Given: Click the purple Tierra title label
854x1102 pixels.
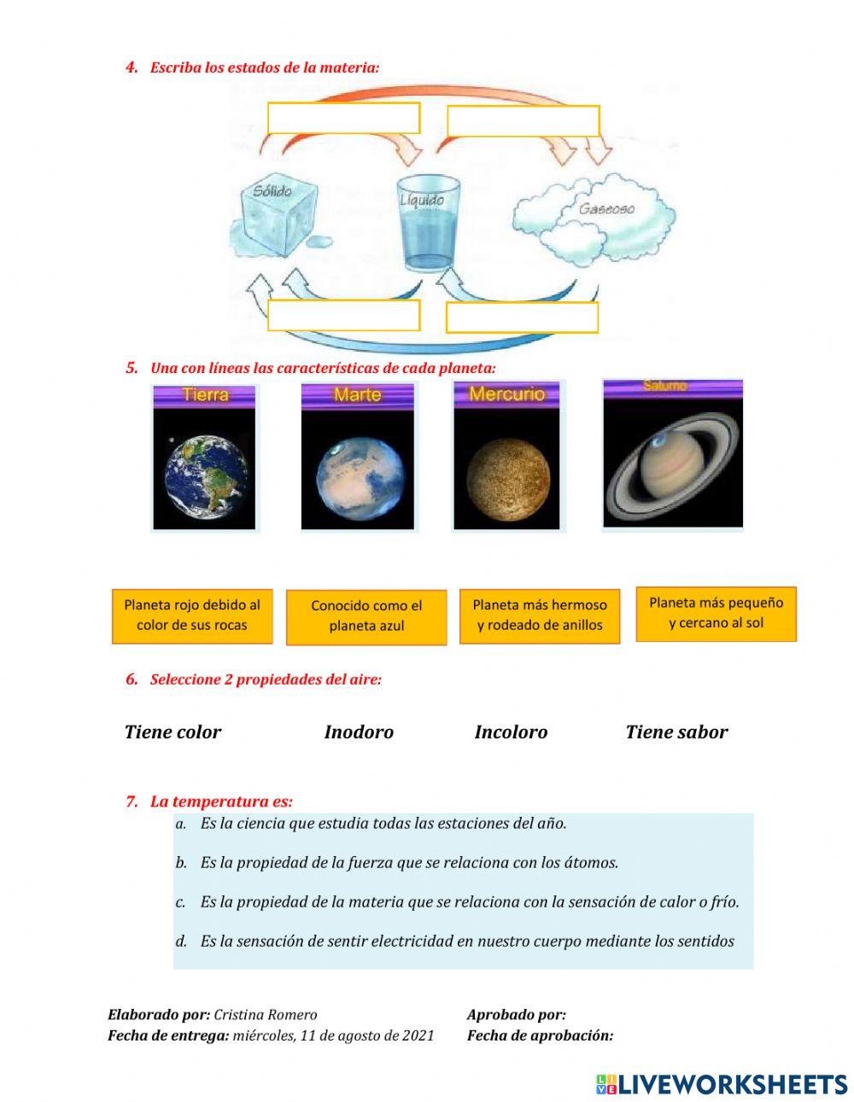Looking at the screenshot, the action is pyautogui.click(x=205, y=395).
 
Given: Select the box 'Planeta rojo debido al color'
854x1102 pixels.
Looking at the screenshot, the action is pyautogui.click(x=192, y=615).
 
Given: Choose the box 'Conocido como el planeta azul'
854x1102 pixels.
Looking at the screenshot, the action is pyautogui.click(x=366, y=616).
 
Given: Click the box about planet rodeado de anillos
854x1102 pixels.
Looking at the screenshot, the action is pyautogui.click(x=540, y=615).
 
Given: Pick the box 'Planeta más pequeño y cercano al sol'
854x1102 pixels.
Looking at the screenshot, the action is pyautogui.click(x=716, y=613).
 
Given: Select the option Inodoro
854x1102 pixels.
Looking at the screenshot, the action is pyautogui.click(x=359, y=732).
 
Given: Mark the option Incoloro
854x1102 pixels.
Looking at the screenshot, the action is pyautogui.click(x=511, y=732).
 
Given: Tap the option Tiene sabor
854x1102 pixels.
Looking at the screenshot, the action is pyautogui.click(x=676, y=732).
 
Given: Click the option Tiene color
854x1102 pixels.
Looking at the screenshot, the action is pyautogui.click(x=173, y=732).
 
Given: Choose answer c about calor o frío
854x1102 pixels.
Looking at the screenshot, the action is pyautogui.click(x=470, y=901).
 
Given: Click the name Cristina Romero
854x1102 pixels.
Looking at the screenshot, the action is pyautogui.click(x=266, y=1015).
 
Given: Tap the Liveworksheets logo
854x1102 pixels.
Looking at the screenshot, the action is pyautogui.click(x=721, y=1084).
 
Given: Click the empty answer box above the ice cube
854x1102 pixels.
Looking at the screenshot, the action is pyautogui.click(x=343, y=118).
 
